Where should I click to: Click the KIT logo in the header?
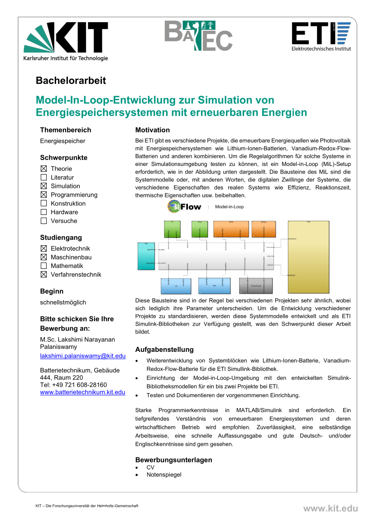click(x=66, y=40)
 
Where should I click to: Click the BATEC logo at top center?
click(x=198, y=36)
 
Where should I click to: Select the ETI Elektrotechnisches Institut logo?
click(x=321, y=36)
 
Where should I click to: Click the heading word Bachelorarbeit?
click(x=71, y=81)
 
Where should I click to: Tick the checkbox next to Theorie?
click(x=43, y=169)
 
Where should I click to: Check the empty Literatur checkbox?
click(x=43, y=177)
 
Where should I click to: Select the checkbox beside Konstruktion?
click(x=43, y=204)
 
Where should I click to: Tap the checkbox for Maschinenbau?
click(x=43, y=257)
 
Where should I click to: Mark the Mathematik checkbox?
click(x=43, y=266)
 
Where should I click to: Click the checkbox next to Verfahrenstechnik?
click(x=43, y=274)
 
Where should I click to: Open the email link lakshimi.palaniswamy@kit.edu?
click(x=83, y=356)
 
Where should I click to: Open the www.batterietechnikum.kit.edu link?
click(x=83, y=392)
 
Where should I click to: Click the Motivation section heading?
click(x=153, y=130)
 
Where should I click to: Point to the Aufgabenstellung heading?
click(x=164, y=350)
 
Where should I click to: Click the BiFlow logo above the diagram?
click(x=184, y=207)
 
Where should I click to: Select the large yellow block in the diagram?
click(x=308, y=257)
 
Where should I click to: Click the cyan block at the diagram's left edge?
click(x=146, y=256)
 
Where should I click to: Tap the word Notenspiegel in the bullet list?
click(x=164, y=475)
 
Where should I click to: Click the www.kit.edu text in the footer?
click(x=330, y=509)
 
